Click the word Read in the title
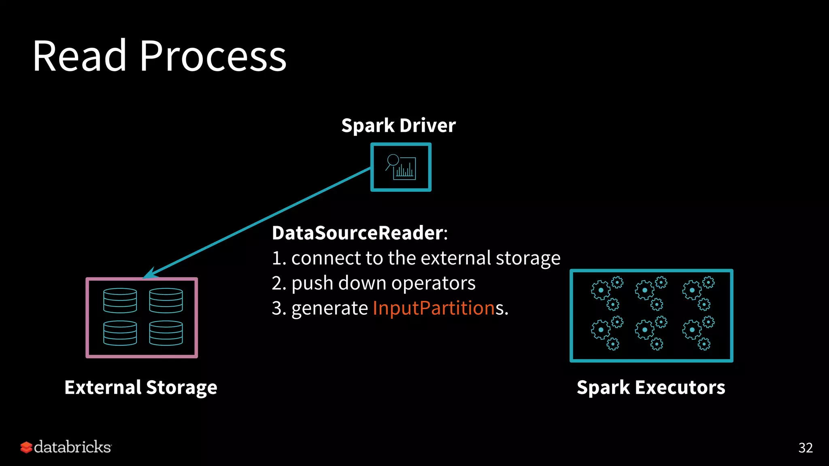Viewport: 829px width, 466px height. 79,57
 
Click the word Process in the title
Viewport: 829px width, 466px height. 213,57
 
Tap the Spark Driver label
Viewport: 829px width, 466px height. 398,125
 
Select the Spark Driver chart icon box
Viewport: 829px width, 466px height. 401,167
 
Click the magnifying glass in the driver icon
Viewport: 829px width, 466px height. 393,160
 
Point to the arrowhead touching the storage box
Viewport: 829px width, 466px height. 149,274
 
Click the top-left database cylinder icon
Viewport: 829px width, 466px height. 120,301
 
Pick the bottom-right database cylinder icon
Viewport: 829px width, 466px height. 166,333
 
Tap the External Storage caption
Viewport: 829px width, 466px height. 141,387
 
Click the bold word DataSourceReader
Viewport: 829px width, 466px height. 357,233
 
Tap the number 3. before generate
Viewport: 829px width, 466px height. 278,308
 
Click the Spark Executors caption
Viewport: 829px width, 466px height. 651,387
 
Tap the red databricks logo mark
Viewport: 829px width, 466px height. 26,447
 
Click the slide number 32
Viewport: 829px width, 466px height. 805,448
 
